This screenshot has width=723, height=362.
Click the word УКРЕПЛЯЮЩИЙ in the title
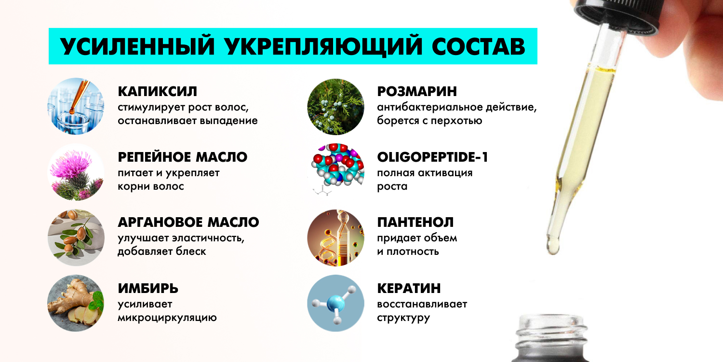323,46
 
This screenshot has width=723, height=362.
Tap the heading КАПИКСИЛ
157,92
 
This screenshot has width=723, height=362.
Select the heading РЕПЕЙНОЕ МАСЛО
182,157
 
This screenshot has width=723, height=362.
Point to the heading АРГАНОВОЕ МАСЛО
188,223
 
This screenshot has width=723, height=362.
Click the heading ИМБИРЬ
148,288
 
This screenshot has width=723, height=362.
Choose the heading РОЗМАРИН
417,92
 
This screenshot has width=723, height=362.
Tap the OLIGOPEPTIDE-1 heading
432,157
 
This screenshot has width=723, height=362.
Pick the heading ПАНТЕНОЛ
415,223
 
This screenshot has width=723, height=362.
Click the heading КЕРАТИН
409,288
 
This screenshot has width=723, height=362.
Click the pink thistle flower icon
76,172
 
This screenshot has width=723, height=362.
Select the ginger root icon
76,303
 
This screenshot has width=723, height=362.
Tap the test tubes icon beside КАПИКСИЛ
76,106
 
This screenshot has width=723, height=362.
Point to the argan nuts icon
76,237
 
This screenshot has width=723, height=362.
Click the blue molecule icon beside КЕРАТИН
335,303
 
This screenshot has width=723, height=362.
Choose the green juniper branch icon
335,107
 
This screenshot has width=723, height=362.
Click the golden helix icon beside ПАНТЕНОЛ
335,237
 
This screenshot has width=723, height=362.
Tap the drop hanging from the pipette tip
552,246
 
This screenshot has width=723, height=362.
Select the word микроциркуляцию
167,318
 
